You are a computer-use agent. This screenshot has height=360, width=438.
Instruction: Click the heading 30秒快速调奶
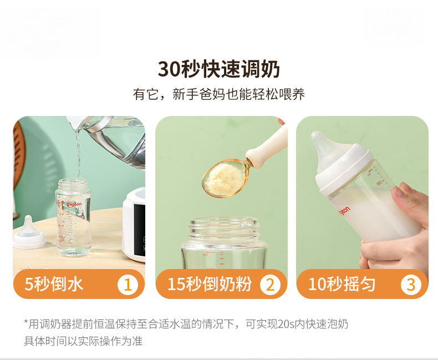point(218,69)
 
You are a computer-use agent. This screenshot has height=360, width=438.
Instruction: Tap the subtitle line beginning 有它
point(218,94)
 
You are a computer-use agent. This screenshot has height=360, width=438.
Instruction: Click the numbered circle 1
point(128,285)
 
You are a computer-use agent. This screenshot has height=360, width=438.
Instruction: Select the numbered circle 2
point(270,285)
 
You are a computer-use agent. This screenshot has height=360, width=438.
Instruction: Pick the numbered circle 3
point(411,285)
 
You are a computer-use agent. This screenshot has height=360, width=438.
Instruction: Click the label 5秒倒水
point(54,284)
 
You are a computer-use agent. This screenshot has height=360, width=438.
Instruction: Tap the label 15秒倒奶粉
point(210,284)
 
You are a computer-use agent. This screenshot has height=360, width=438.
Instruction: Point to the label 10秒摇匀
point(342,284)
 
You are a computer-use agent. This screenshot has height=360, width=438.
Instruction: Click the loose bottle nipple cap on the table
point(29,233)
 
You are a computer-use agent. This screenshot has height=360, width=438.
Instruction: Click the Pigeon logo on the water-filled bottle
point(74,204)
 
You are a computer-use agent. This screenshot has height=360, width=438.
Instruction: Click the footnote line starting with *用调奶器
point(186,324)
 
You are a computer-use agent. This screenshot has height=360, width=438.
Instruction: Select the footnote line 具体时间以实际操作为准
point(83,341)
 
